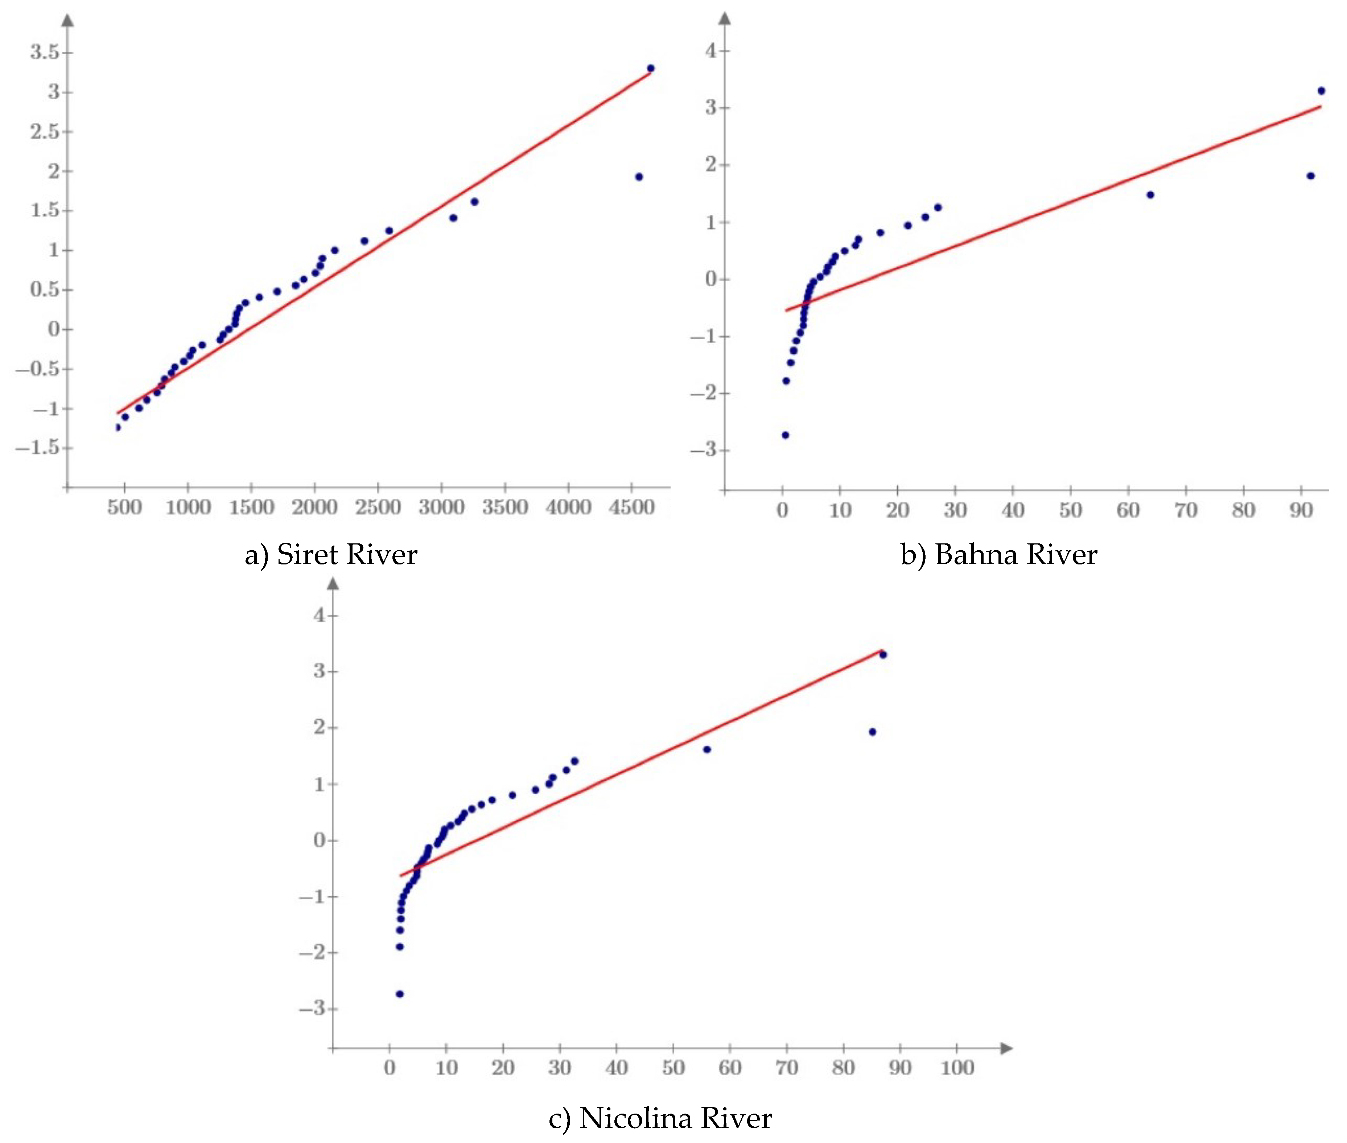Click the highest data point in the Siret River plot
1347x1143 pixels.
[x=651, y=68]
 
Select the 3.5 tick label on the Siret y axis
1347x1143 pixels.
[x=44, y=52]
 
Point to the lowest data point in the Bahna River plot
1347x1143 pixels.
[x=785, y=435]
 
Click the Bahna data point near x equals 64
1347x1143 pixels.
[x=1150, y=194]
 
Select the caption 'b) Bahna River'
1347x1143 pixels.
[x=998, y=555]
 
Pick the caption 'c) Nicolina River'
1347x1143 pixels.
[x=660, y=1118]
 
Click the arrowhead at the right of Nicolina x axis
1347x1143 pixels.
[x=1006, y=1048]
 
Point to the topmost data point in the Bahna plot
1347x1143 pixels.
[x=1321, y=91]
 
